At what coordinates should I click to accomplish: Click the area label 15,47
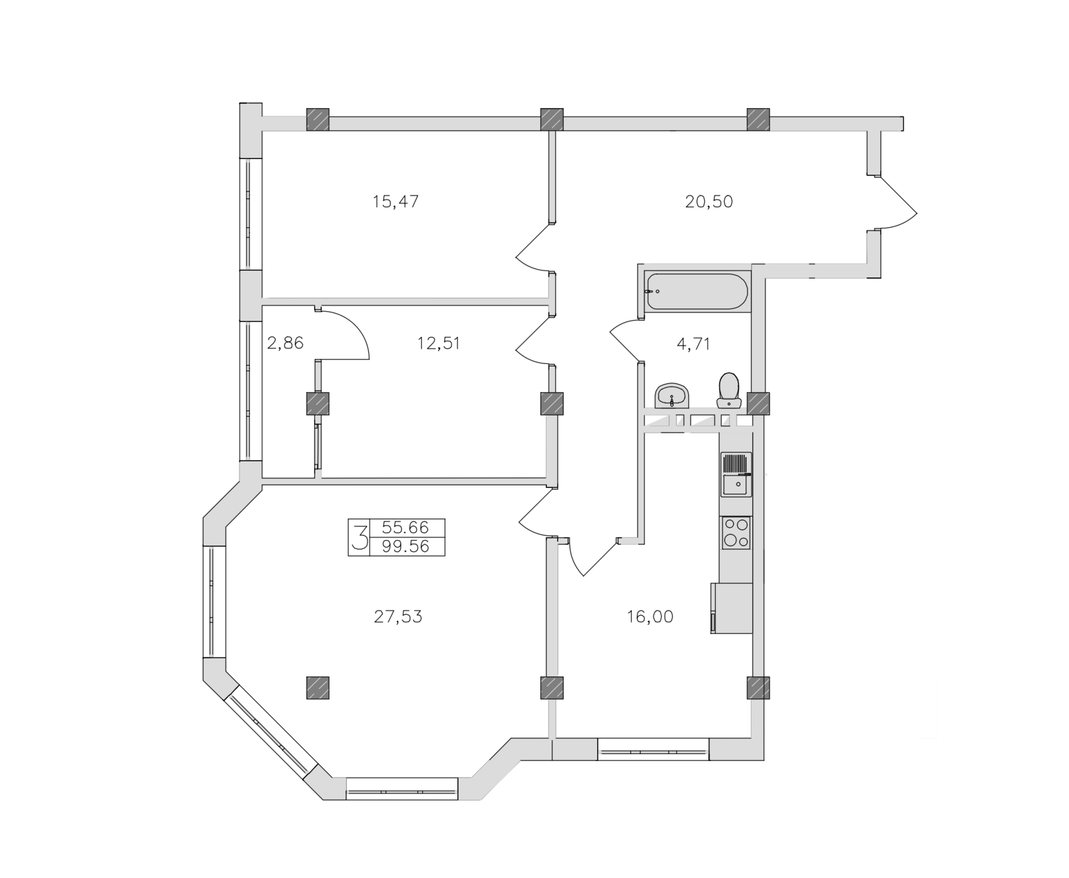tap(395, 202)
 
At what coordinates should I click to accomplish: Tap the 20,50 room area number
tap(709, 202)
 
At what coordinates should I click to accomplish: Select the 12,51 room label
tap(438, 344)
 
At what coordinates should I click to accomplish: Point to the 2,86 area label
tap(285, 344)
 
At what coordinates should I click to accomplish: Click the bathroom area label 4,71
tap(693, 344)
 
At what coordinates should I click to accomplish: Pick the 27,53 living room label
tap(398, 617)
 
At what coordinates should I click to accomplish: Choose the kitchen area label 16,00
tap(650, 617)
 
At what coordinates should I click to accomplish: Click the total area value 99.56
tap(406, 547)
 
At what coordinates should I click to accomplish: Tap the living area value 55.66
tap(406, 527)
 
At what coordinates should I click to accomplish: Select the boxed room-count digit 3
tap(360, 537)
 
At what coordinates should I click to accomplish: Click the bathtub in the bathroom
tap(697, 292)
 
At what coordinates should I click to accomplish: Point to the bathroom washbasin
tap(671, 396)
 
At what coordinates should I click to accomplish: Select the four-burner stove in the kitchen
tap(736, 533)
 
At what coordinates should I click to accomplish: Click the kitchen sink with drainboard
tap(736, 474)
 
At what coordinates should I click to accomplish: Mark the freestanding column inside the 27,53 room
tap(318, 688)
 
